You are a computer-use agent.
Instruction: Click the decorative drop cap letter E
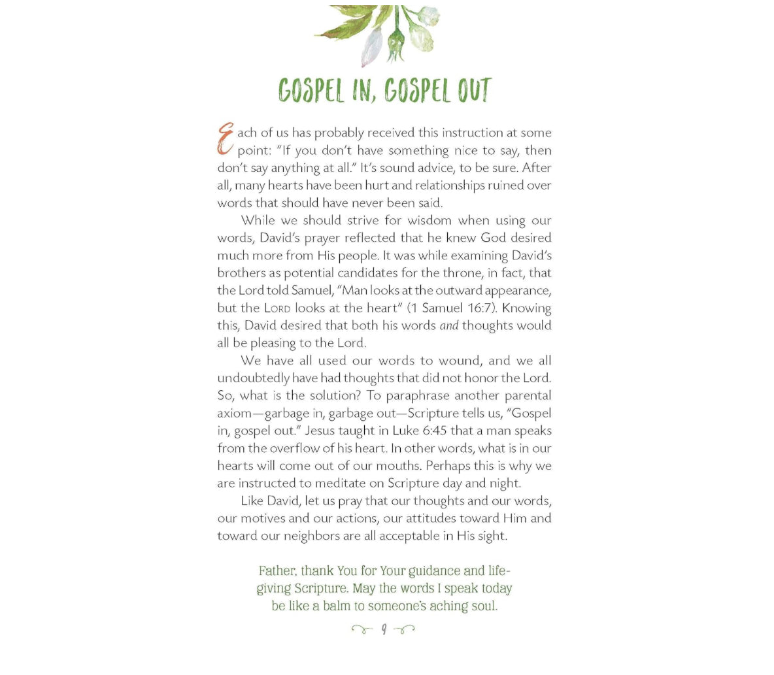pyautogui.click(x=226, y=139)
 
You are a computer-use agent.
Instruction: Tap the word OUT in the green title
pyautogui.click(x=474, y=91)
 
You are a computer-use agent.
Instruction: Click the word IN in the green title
pyautogui.click(x=364, y=91)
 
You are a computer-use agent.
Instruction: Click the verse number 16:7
pyautogui.click(x=479, y=308)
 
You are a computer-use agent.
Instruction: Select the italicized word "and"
pyautogui.click(x=449, y=325)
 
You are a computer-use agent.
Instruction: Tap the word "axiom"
pyautogui.click(x=234, y=414)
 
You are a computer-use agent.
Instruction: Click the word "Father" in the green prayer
pyautogui.click(x=277, y=570)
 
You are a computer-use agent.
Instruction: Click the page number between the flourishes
pyautogui.click(x=384, y=630)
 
